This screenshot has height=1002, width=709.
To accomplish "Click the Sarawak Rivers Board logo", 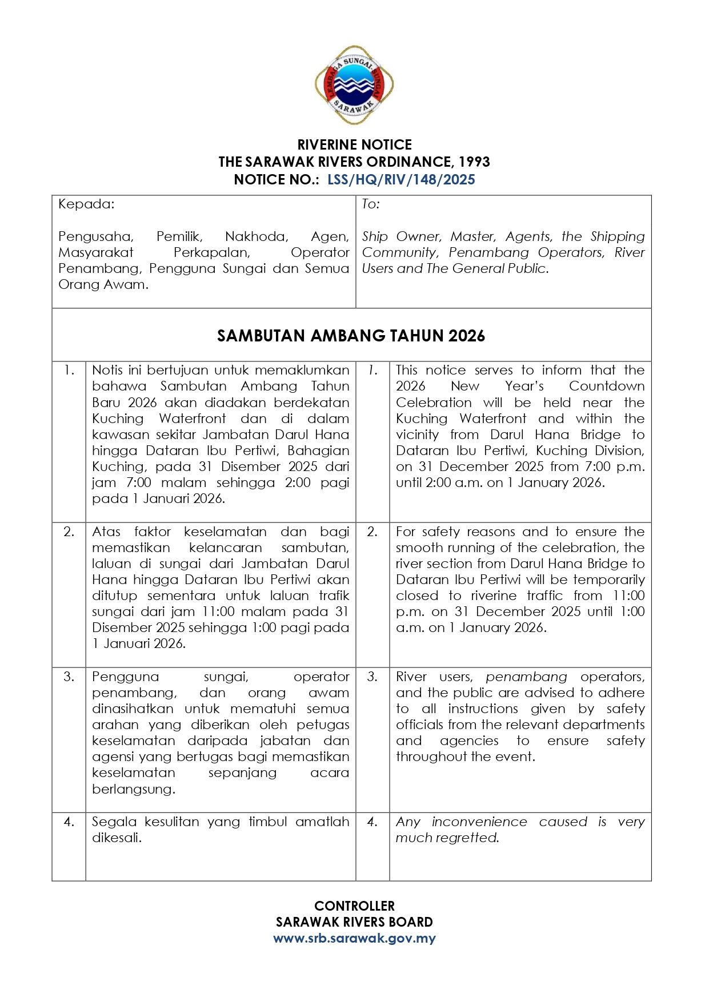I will click(x=354, y=86).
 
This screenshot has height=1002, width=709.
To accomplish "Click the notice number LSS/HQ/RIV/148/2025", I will click(x=401, y=180).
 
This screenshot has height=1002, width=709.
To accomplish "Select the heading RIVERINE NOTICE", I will click(x=354, y=144).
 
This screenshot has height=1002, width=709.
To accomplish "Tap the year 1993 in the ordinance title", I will click(x=474, y=162).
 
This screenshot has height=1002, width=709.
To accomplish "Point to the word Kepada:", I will click(x=86, y=204).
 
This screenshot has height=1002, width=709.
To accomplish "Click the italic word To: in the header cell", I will click(x=371, y=204).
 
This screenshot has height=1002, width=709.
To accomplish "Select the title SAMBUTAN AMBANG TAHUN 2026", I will click(x=351, y=336).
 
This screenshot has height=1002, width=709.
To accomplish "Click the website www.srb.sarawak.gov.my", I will click(x=354, y=938).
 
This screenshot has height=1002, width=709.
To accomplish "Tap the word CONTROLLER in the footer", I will click(x=354, y=906).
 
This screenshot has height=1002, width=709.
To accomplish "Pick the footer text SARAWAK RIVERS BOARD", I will click(x=354, y=922).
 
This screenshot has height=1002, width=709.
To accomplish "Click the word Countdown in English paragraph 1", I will click(x=607, y=387).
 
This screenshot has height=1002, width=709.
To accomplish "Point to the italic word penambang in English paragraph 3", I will click(x=526, y=677).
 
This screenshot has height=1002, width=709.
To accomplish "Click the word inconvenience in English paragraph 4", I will click(x=479, y=822).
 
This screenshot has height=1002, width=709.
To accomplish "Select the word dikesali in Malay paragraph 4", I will click(x=116, y=838).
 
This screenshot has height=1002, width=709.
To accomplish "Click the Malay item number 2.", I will click(x=69, y=532).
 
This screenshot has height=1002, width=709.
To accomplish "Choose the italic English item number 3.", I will click(x=372, y=677).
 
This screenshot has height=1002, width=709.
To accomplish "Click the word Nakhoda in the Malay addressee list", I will click(x=256, y=236).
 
